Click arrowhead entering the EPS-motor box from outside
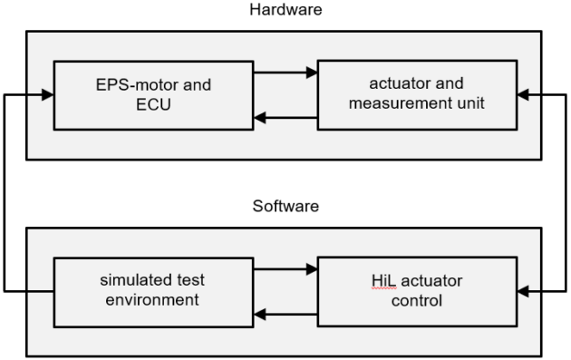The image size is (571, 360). (x=48, y=93)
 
